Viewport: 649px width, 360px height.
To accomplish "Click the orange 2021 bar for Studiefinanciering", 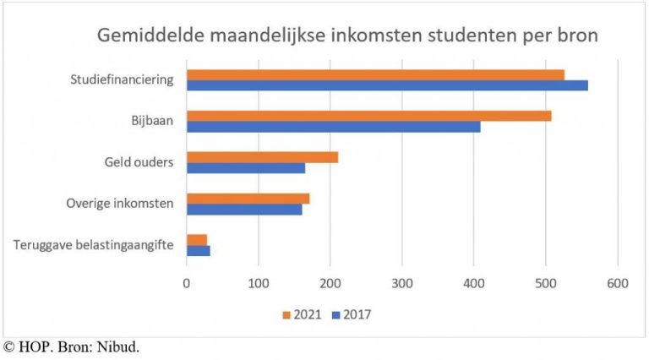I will tap(375, 74).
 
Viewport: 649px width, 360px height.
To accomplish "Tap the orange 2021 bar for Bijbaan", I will tap(368, 116).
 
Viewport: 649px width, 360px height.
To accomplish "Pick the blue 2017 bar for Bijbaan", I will tap(333, 127).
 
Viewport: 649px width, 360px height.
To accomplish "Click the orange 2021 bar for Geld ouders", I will tap(262, 157).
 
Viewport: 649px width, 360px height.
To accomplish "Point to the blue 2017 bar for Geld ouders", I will tap(246, 168).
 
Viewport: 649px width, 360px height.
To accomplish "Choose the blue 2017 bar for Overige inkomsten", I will tap(244, 210).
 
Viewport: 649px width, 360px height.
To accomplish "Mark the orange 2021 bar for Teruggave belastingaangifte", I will tap(197, 240).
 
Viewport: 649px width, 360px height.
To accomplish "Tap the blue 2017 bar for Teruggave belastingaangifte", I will tap(198, 251).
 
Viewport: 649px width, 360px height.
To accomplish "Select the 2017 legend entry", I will tap(351, 315).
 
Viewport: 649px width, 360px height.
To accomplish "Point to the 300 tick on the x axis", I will tap(401, 283).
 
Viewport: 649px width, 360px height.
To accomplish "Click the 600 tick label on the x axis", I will tap(617, 283).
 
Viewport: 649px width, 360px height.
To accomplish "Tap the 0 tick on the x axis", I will tap(187, 283).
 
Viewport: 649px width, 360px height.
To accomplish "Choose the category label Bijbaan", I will tap(153, 121).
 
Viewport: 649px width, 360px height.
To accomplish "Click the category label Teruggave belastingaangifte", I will tap(94, 245).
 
